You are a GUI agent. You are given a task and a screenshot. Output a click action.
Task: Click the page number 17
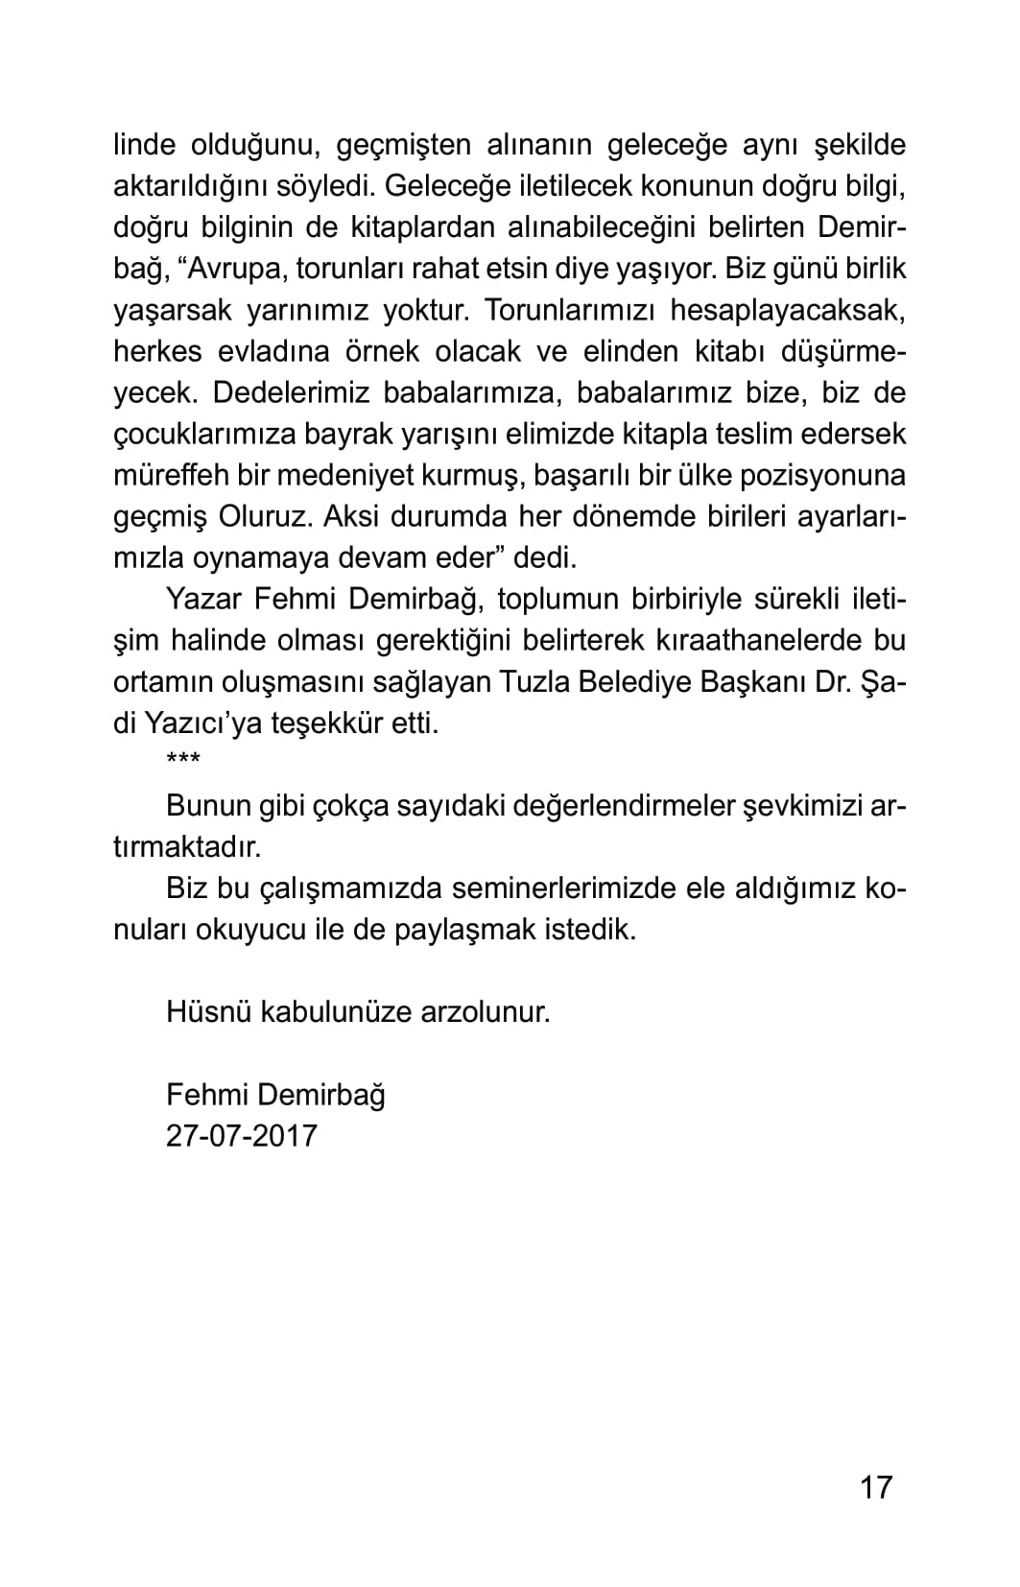(x=876, y=1486)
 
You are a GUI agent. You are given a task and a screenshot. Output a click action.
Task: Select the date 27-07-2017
(x=241, y=1135)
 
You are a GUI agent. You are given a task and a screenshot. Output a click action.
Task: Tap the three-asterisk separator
(x=183, y=764)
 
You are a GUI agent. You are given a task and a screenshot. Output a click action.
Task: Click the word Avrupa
(x=238, y=269)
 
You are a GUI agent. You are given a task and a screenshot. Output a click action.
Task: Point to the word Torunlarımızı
(x=569, y=310)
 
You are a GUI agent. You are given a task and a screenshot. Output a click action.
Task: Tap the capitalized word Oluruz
(x=266, y=516)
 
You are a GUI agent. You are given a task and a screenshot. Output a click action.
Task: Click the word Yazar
(x=202, y=599)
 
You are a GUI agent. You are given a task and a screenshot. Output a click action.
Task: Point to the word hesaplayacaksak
(x=788, y=310)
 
